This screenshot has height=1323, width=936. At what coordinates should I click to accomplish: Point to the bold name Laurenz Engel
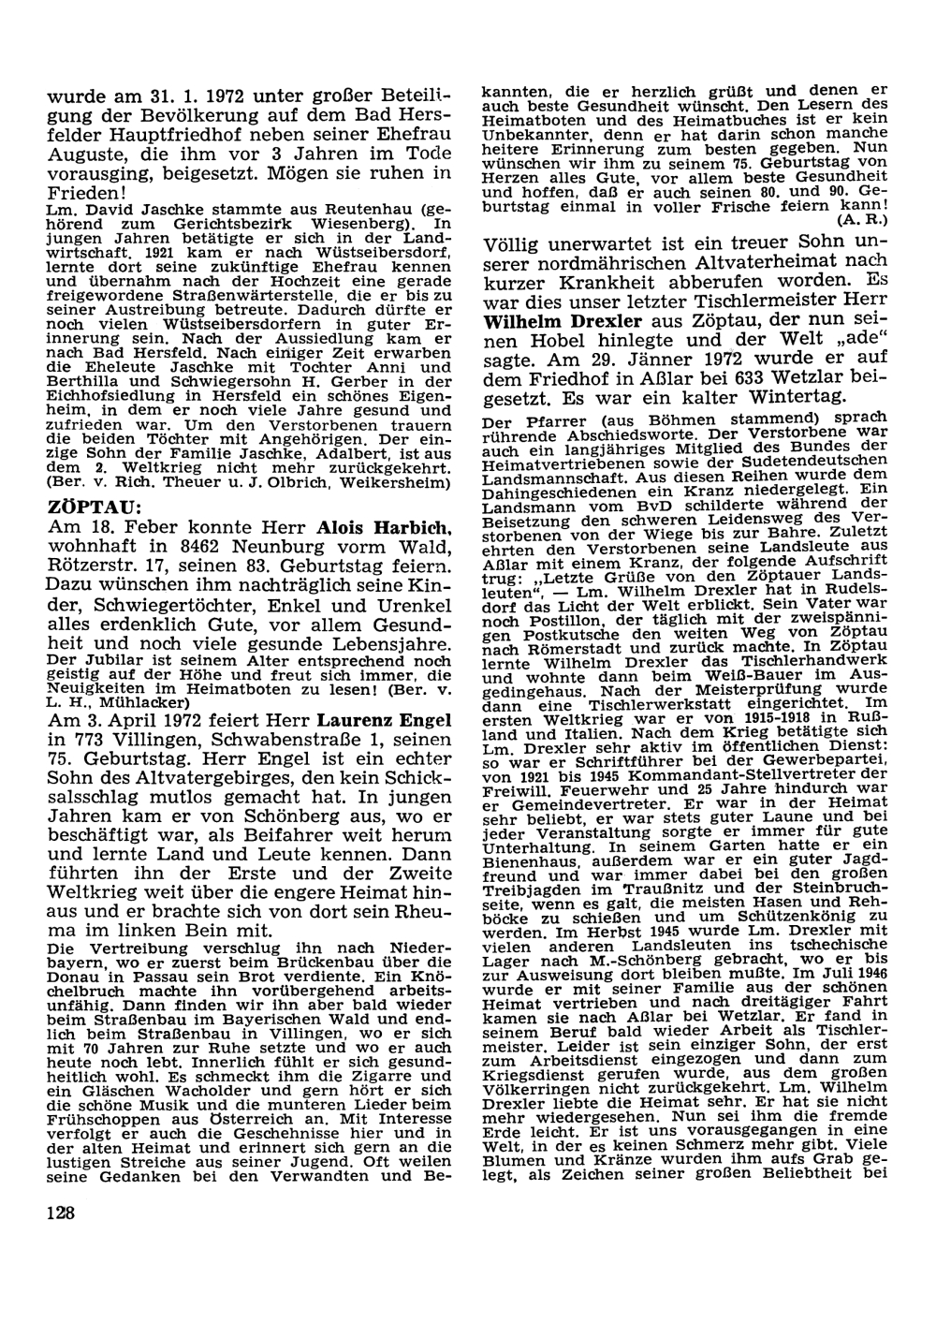[x=371, y=719]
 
